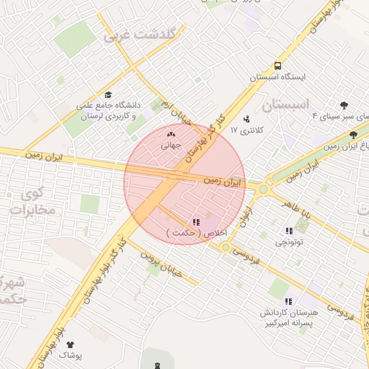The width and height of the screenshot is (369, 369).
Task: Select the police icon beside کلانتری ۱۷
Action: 248,118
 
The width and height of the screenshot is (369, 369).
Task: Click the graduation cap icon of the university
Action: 108,95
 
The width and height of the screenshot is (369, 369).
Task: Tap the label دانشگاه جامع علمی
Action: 108,105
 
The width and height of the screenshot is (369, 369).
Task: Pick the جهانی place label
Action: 171,144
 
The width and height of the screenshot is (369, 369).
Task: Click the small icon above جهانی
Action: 171,134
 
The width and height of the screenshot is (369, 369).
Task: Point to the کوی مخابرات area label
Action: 30,203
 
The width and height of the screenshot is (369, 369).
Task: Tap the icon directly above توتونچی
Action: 289,231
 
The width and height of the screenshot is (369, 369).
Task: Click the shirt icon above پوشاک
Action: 70,344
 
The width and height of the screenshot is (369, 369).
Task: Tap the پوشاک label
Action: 70,355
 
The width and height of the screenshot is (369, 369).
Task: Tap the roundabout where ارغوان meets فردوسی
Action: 226,248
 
